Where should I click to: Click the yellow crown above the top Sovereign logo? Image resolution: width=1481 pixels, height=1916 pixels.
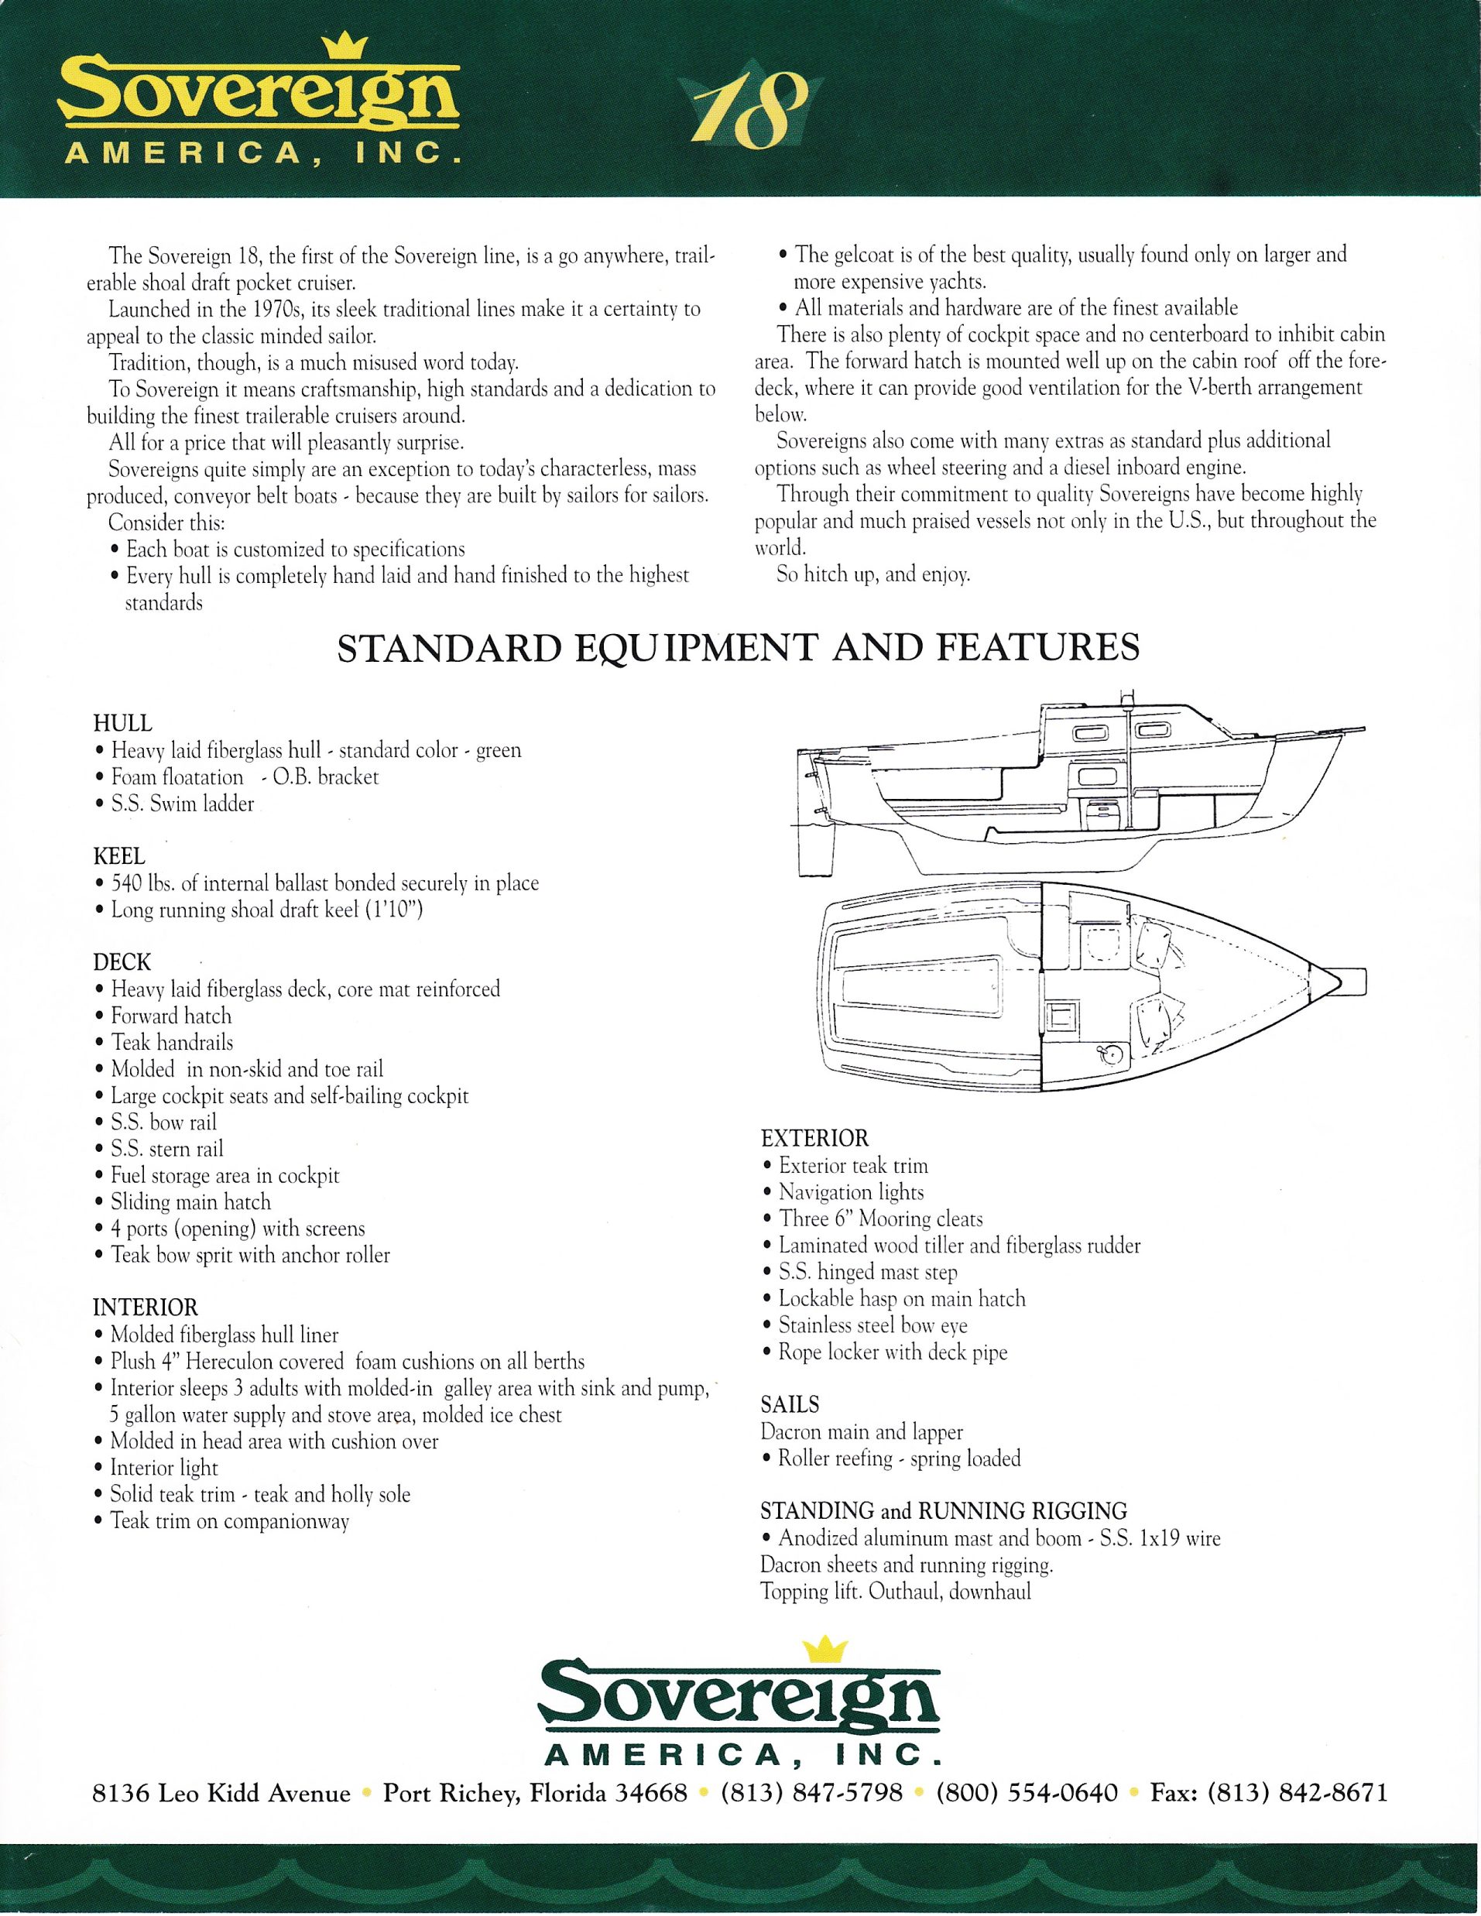pyautogui.click(x=343, y=47)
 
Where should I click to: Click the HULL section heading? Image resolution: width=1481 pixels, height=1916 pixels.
pyautogui.click(x=123, y=724)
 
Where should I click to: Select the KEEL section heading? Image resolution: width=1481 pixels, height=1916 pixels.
pyautogui.click(x=119, y=856)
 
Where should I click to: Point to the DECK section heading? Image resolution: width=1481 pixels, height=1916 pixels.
pyautogui.click(x=122, y=962)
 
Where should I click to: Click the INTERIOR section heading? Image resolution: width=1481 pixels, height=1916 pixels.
pyautogui.click(x=146, y=1308)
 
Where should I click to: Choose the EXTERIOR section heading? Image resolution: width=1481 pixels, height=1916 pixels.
pyautogui.click(x=814, y=1139)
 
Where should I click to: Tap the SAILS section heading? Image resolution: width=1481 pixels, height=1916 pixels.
pyautogui.click(x=790, y=1404)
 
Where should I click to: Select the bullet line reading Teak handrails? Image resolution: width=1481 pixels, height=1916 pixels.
pyautogui.click(x=172, y=1042)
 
